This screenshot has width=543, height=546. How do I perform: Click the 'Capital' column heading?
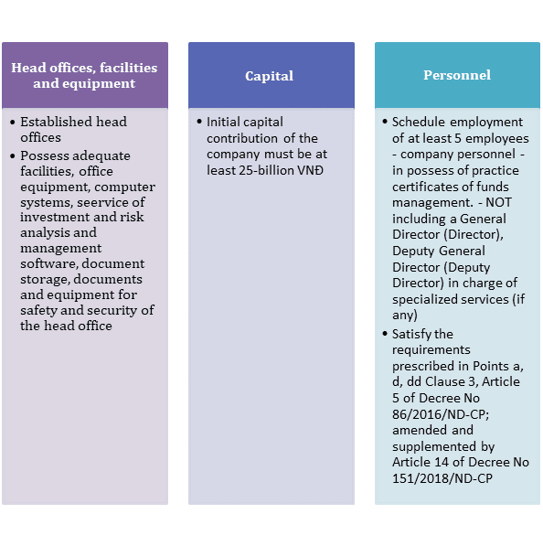(x=269, y=76)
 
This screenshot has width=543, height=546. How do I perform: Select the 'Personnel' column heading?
(x=457, y=75)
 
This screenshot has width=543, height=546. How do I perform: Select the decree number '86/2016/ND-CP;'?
(x=441, y=414)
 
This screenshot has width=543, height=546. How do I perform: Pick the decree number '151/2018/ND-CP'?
(x=442, y=478)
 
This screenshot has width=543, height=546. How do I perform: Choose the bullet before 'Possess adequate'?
(x=13, y=156)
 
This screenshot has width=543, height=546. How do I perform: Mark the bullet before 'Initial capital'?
(x=199, y=122)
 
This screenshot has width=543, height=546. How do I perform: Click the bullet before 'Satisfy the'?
(x=385, y=334)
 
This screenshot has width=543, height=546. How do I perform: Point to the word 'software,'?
(x=49, y=263)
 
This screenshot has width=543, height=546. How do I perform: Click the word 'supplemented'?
(x=434, y=446)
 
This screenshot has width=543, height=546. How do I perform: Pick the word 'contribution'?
(x=242, y=138)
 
